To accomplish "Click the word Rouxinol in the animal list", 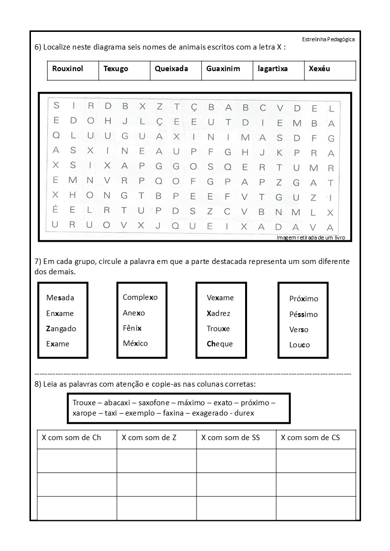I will (x=68, y=69).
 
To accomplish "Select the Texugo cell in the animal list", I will (x=116, y=69).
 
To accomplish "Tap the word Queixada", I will (x=171, y=69).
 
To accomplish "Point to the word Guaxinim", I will (x=223, y=69).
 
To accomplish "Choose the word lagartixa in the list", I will (x=273, y=69).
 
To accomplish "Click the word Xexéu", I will (x=320, y=69).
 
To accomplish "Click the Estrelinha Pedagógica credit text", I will (x=329, y=39).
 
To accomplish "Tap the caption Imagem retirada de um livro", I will (x=311, y=237).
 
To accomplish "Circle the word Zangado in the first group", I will (x=61, y=329).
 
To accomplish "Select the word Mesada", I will (x=60, y=298).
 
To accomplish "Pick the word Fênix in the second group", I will (x=132, y=328).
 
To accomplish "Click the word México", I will (x=135, y=343).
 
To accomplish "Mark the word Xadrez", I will (x=219, y=314).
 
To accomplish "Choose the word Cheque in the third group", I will (x=220, y=344).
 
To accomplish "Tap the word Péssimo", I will (x=304, y=315).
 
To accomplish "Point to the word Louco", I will (x=300, y=345).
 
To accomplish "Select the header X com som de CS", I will (x=310, y=438).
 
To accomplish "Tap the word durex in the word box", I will (x=244, y=413).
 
